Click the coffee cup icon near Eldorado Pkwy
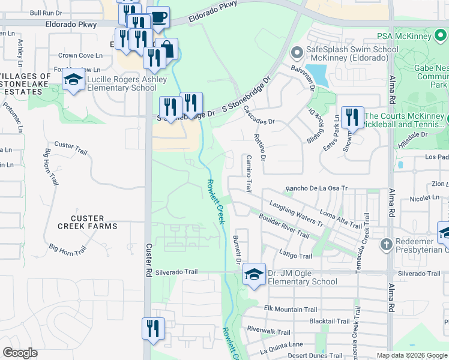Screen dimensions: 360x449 [158, 17]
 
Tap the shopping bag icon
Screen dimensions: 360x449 [167, 49]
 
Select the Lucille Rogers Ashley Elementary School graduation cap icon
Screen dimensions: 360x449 [74, 80]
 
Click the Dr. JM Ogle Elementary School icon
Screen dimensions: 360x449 [254, 275]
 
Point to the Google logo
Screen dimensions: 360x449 [20, 353]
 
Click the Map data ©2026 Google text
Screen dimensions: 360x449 [411, 355]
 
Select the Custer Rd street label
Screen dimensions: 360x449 [149, 258]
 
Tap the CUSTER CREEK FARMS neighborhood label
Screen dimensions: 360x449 [88, 222]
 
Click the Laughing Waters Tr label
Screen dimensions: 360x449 [296, 214]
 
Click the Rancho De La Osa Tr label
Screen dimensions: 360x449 [316, 188]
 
